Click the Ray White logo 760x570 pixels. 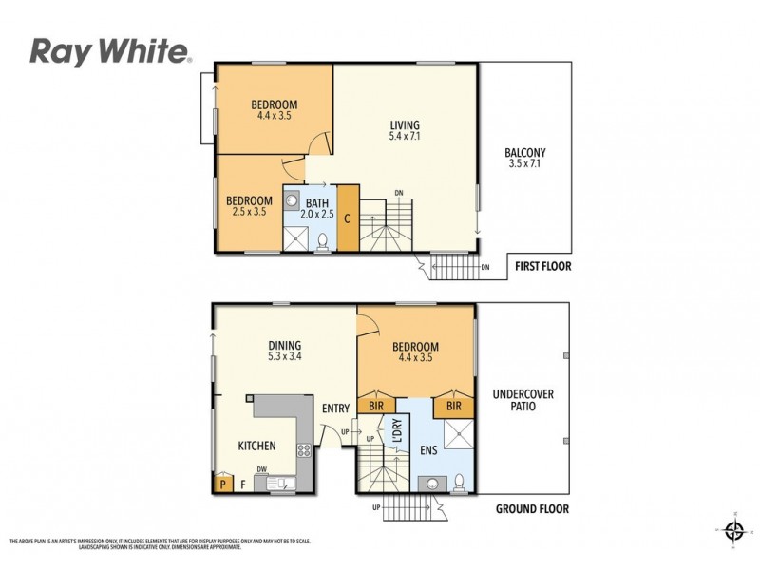pos(111,51)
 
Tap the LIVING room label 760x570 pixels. pos(405,131)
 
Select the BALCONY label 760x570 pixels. pos(524,158)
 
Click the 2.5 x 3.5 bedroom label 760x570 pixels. pos(248,206)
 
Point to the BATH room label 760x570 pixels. pos(316,208)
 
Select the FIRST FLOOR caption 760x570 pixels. pos(542,267)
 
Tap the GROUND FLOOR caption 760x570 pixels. pos(532,509)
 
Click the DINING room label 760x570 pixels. pos(284,351)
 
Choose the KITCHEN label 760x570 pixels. pos(256,446)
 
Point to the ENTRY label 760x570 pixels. pos(335,408)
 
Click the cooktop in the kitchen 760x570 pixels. pos(304,449)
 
